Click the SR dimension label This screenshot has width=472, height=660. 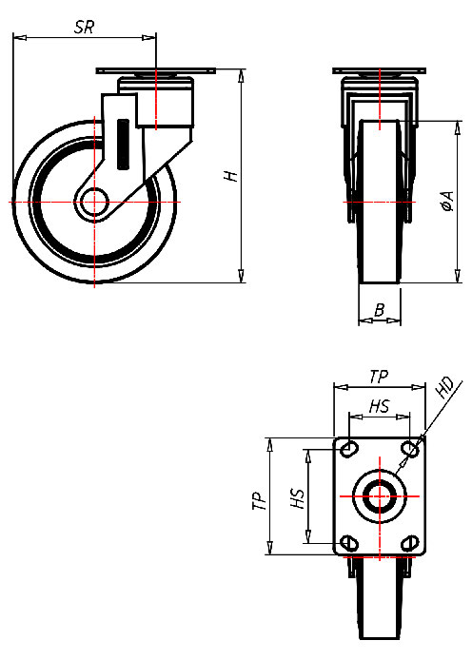coord(84,28)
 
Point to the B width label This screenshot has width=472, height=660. coord(379,309)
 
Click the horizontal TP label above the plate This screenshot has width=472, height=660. coord(378,377)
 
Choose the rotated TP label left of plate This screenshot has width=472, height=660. coord(258,501)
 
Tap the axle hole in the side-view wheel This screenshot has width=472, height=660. coord(93,203)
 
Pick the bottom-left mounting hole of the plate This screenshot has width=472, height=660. coord(349,543)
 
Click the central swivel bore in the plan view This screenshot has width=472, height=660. coord(379,495)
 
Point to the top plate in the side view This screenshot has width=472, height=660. coord(156,73)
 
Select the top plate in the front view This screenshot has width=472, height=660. coord(379,73)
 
